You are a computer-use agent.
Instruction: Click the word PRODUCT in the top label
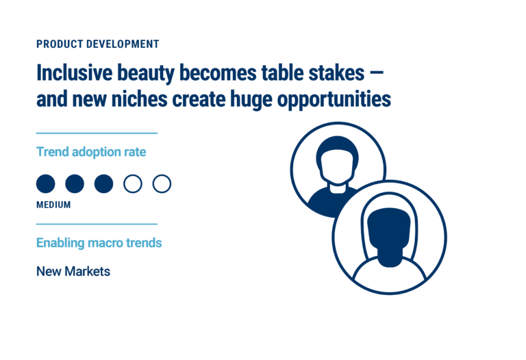click(x=60, y=44)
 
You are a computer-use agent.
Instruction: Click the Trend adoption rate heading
click(x=91, y=152)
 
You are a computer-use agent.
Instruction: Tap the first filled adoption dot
click(x=45, y=183)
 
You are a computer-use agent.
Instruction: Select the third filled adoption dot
click(x=103, y=183)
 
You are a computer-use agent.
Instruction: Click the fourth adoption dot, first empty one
click(x=132, y=183)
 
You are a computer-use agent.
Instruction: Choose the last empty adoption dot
click(x=162, y=183)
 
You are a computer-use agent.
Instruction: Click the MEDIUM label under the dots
click(x=53, y=205)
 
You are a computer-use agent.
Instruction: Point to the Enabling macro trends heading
click(x=99, y=243)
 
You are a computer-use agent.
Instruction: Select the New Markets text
click(x=73, y=272)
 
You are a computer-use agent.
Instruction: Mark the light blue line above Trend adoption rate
click(x=97, y=133)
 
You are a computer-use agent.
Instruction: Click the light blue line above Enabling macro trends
click(x=97, y=224)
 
